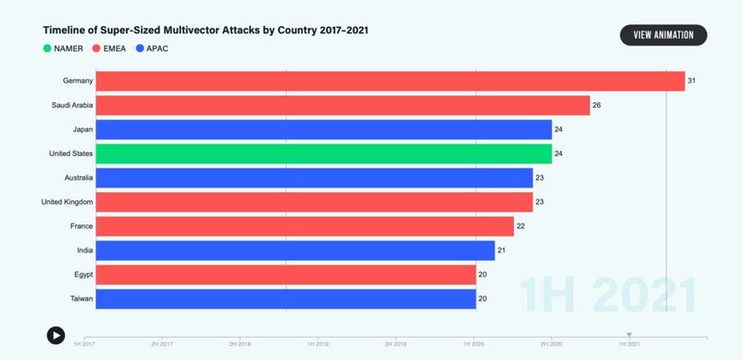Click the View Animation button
(x=663, y=35)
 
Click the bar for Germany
(x=390, y=82)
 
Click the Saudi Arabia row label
(x=66, y=106)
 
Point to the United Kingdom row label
(x=64, y=202)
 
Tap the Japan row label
(x=78, y=130)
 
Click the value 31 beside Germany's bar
(x=691, y=82)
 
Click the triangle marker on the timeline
(x=629, y=335)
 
